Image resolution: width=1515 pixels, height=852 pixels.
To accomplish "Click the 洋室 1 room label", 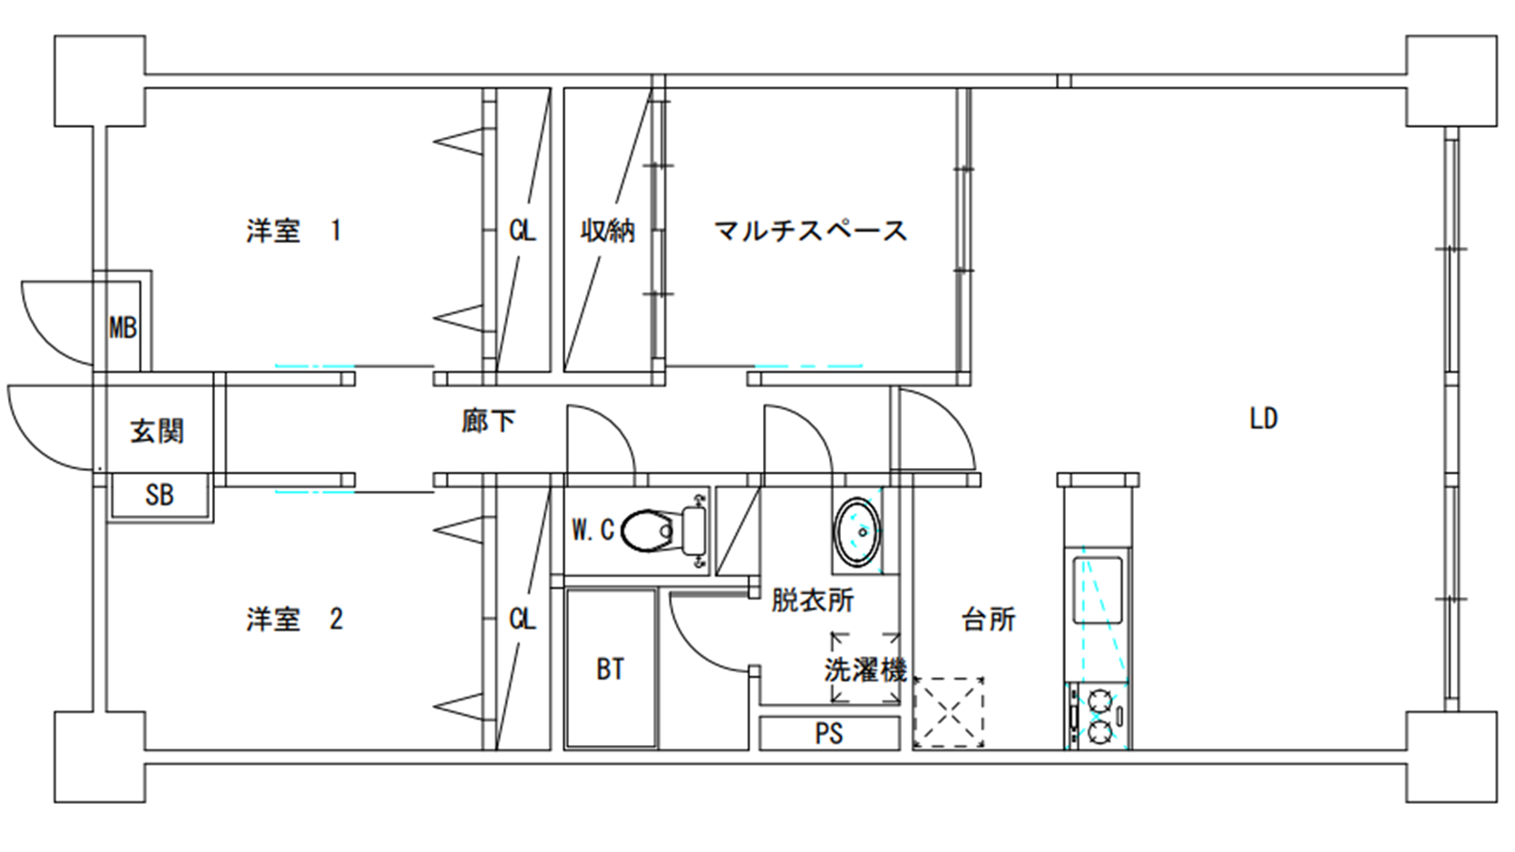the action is click(294, 230).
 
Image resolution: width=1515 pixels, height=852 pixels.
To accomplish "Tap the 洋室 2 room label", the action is click(294, 619).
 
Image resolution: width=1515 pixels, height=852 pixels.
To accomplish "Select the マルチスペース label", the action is click(810, 230).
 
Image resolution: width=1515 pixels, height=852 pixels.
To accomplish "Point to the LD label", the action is click(1264, 419).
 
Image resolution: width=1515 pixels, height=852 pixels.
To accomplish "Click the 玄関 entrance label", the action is click(157, 431).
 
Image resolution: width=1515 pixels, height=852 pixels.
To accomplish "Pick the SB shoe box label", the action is click(160, 495).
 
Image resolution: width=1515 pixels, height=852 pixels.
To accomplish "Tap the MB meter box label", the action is click(123, 328).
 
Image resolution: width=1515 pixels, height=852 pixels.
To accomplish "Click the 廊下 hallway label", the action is click(488, 421).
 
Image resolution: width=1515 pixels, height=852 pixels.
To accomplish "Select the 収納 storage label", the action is click(607, 230).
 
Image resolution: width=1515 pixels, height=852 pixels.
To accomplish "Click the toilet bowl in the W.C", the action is click(647, 531).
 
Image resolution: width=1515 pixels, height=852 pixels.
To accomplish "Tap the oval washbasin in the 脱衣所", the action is click(857, 532).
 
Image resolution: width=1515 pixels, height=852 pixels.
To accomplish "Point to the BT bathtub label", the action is click(610, 670).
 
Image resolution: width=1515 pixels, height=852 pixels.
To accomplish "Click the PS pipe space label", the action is click(829, 733).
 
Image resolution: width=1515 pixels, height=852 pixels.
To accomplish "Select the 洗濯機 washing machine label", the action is click(865, 670).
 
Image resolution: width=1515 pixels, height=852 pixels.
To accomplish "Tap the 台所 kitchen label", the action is click(988, 619).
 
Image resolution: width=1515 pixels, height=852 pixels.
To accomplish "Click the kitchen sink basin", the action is click(1098, 590).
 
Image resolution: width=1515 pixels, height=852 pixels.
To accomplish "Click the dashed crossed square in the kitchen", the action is click(948, 712).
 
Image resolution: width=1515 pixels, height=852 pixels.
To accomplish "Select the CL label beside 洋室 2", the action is click(523, 619).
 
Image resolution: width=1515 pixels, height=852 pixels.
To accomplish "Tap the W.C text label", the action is click(592, 530).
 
